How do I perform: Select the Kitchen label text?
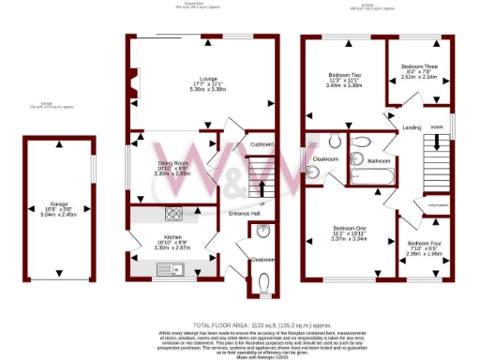tap(172, 237)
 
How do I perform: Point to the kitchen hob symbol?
tap(173, 213)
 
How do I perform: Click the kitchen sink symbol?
tap(173, 268)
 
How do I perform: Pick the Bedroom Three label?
tap(417, 67)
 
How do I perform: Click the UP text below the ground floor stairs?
tap(262, 203)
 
